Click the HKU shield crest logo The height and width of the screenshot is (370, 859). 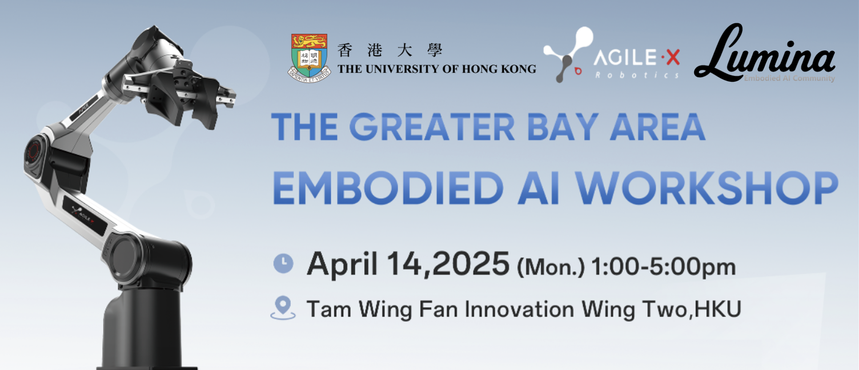tap(309, 58)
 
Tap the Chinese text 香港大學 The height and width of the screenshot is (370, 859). tap(390, 50)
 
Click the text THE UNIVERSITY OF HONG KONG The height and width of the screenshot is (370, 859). tap(437, 69)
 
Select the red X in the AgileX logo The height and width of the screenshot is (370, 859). tap(673, 58)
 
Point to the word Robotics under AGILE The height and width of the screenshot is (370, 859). tap(637, 75)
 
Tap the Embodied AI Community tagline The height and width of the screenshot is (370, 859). tap(789, 78)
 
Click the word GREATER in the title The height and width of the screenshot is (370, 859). tap(432, 127)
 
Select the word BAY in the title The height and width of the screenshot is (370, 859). tap(563, 127)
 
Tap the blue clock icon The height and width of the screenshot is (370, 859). tap(283, 263)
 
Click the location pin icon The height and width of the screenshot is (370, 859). tap(283, 308)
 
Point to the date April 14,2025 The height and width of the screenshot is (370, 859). tap(408, 265)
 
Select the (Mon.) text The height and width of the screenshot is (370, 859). tap(551, 267)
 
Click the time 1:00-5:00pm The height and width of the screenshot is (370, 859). tap(664, 267)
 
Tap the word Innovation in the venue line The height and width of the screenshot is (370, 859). tap(520, 309)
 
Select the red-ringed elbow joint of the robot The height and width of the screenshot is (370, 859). tap(36, 152)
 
